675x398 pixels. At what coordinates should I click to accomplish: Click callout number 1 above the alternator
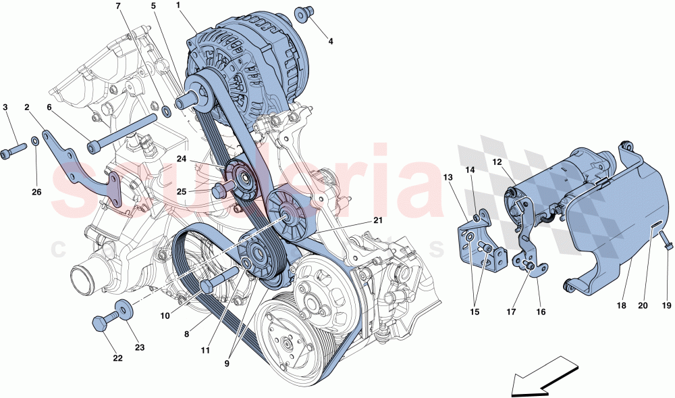(178, 5)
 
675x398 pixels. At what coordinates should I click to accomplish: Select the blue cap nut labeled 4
(302, 14)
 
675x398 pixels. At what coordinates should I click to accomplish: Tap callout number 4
(331, 42)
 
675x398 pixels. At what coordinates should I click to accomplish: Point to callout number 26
(36, 192)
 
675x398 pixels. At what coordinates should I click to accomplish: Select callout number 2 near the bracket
(27, 107)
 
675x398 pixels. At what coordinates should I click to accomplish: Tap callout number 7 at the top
(119, 6)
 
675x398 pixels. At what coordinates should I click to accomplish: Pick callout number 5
(153, 6)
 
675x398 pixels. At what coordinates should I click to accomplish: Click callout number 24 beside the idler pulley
(182, 160)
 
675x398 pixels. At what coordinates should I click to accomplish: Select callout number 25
(182, 191)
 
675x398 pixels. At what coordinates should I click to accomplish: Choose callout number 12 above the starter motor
(497, 161)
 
